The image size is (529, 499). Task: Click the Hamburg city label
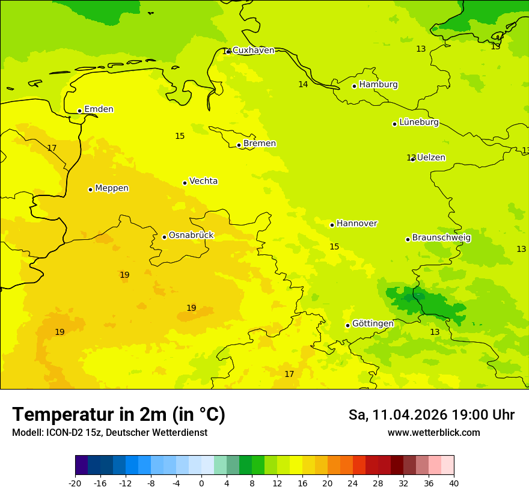[x=378, y=85]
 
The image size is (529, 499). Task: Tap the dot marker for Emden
[x=79, y=111]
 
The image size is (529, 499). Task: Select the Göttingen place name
[x=373, y=324]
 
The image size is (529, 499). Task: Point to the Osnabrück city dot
[x=164, y=237]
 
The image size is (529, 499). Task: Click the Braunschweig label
[x=441, y=238]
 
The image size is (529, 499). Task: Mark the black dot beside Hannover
[x=332, y=225]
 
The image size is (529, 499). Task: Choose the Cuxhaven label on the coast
[x=253, y=51]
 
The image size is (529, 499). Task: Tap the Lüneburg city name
[x=418, y=123]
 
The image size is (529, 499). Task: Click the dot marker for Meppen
[x=90, y=189]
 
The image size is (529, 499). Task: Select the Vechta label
[x=203, y=181]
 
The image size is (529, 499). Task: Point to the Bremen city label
[x=259, y=144]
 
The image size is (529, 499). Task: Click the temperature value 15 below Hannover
[x=334, y=247]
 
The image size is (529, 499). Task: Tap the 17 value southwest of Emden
[x=52, y=148]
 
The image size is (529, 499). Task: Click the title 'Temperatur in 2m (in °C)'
[x=118, y=415]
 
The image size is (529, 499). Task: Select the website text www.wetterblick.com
[x=433, y=433]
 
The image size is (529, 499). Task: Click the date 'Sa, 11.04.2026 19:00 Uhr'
[x=431, y=415]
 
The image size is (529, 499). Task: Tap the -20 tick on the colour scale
[x=75, y=483]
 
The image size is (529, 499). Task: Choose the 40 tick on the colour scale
[x=454, y=483]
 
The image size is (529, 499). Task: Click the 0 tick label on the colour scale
[x=201, y=483]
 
